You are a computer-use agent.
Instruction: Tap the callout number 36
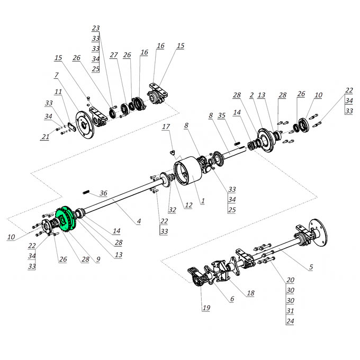tap(103, 193)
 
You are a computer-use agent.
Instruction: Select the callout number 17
tap(166, 127)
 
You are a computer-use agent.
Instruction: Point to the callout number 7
tap(57, 75)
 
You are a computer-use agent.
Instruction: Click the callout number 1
tap(203, 201)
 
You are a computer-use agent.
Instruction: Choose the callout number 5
tap(311, 267)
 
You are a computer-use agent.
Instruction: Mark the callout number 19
tap(206, 308)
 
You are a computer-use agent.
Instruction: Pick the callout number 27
tap(114, 55)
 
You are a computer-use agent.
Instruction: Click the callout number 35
tap(221, 115)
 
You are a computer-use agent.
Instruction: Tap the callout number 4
tap(139, 221)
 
